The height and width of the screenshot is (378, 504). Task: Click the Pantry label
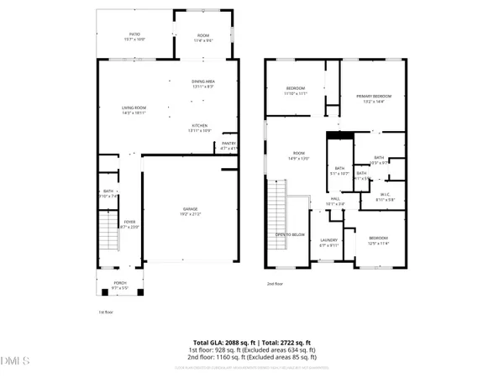[229, 145]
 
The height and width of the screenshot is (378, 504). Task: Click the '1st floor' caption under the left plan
[105, 312]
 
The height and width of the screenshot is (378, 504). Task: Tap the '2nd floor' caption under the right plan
[276, 284]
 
